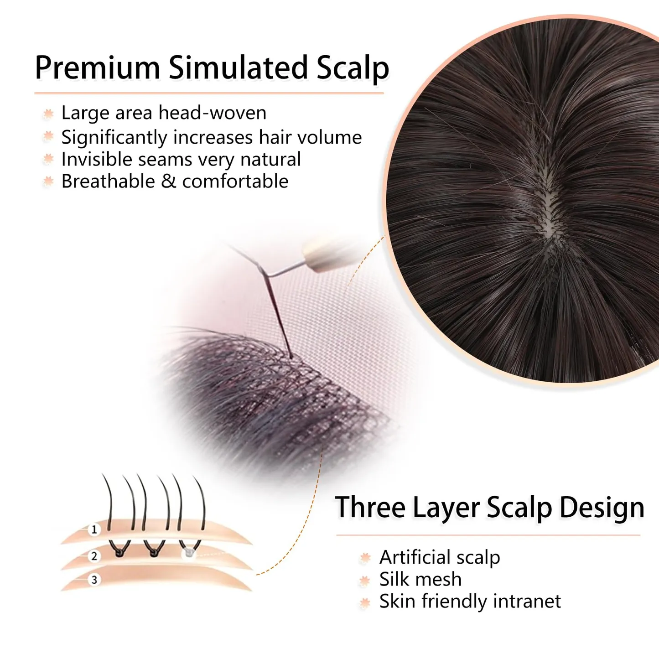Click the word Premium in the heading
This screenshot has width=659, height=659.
[98, 67]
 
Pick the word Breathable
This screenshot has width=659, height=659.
[108, 181]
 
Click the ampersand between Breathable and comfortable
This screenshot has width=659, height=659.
[168, 181]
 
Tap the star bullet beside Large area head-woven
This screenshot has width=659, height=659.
[48, 114]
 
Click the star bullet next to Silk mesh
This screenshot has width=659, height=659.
[365, 581]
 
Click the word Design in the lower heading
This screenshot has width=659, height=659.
[602, 508]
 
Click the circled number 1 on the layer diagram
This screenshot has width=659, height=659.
[94, 530]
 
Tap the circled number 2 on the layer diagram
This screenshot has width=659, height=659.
[94, 556]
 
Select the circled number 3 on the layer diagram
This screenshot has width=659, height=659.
[94, 580]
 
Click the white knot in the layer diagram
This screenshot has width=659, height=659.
[188, 552]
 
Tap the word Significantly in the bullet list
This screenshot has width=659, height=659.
[114, 137]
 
